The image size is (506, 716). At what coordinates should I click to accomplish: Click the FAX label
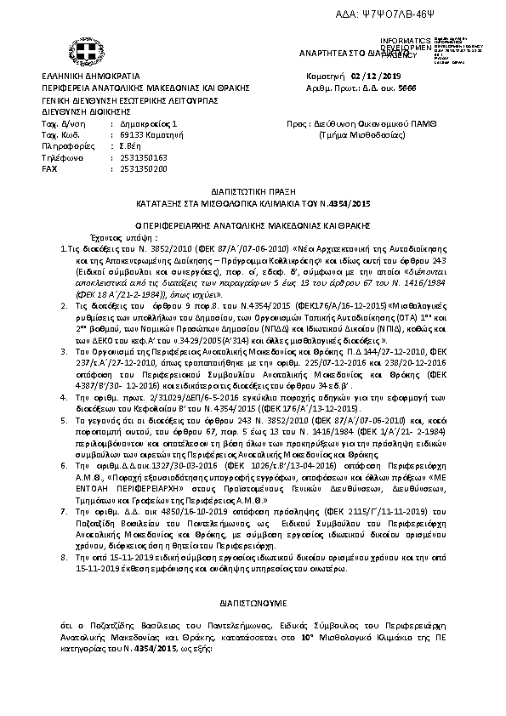coord(50,169)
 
